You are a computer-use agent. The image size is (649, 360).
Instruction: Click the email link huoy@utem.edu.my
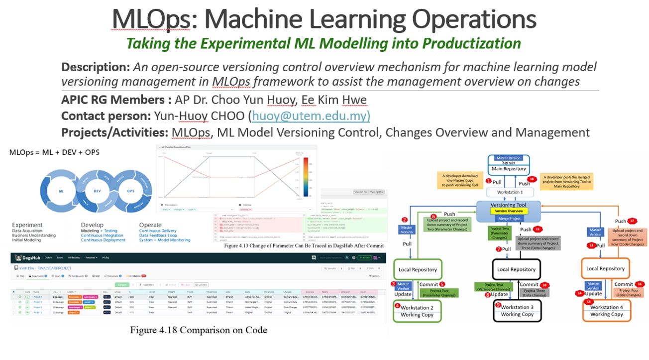(311, 116)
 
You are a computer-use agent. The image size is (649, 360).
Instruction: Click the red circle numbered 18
(533, 179)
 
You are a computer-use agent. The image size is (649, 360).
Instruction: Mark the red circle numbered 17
(633, 221)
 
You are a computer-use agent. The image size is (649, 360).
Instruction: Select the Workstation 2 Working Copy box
(417, 311)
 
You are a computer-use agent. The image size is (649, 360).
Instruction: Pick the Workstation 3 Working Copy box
(517, 311)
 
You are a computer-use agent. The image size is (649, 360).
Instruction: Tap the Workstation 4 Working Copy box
(606, 311)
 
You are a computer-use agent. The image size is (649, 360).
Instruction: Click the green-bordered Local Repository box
(418, 269)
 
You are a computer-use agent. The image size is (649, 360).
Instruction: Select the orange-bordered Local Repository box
(605, 268)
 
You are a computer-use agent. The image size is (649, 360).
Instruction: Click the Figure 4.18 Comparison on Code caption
(199, 330)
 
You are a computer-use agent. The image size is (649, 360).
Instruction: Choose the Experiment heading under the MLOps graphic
(27, 225)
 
